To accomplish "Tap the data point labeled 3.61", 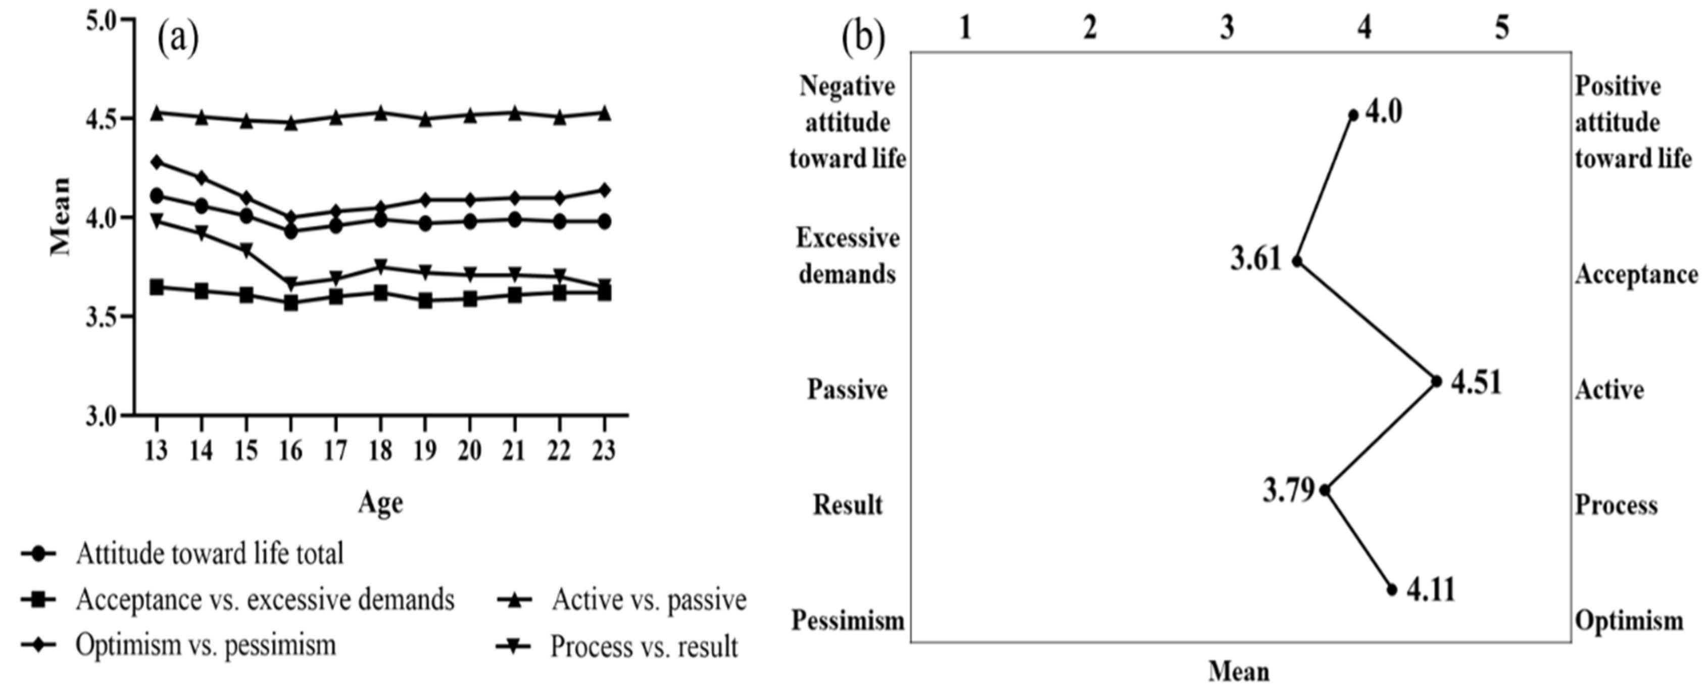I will (1297, 261).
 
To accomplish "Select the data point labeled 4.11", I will (1392, 589).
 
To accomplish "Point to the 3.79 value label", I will (1288, 491).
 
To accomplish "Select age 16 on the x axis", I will (290, 451).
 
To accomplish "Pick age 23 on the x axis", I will (604, 451).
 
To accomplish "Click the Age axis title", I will (380, 502).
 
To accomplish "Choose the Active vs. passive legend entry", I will (649, 600).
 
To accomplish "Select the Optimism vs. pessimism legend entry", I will (206, 644).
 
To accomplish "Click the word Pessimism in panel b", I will (848, 621).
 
